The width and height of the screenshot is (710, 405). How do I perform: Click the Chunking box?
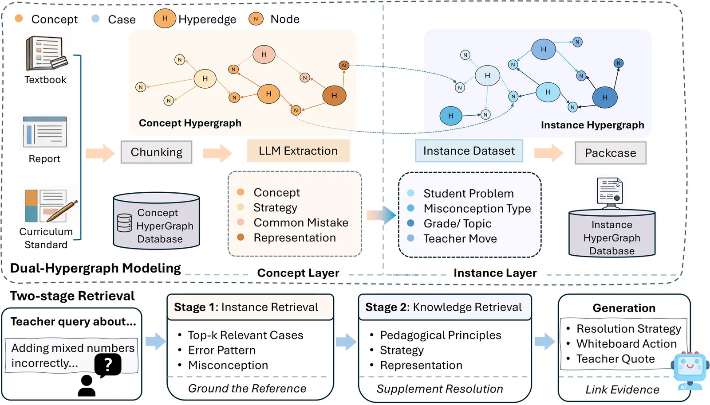pyautogui.click(x=156, y=152)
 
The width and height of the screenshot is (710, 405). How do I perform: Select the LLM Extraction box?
pyautogui.click(x=298, y=151)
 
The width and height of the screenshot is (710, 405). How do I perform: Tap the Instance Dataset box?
pyautogui.click(x=469, y=151)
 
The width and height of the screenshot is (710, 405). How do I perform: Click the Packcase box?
pyautogui.click(x=610, y=153)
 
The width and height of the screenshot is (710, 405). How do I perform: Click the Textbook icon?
pyautogui.click(x=46, y=53)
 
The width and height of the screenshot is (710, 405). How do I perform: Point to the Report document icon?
pyautogui.click(x=45, y=132)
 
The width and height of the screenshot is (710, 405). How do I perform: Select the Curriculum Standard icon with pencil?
pyautogui.click(x=50, y=206)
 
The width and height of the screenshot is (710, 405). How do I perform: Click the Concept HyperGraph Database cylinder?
pyautogui.click(x=157, y=221)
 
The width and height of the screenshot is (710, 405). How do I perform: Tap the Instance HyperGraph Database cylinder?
pyautogui.click(x=612, y=233)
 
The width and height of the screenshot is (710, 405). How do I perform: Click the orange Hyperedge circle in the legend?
pyautogui.click(x=165, y=19)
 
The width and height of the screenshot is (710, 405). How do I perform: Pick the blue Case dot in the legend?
pyautogui.click(x=95, y=19)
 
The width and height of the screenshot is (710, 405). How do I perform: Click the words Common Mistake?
pyautogui.click(x=301, y=222)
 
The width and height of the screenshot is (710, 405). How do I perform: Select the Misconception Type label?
pyautogui.click(x=477, y=208)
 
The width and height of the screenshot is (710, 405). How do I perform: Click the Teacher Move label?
pyautogui.click(x=460, y=238)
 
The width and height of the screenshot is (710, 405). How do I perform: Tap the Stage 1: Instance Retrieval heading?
pyautogui.click(x=246, y=307)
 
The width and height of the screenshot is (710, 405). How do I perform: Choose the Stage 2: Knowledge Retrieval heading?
pyautogui.click(x=443, y=307)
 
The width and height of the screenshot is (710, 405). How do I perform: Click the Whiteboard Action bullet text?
pyautogui.click(x=626, y=344)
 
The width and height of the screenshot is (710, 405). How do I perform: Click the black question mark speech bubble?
pyautogui.click(x=108, y=365)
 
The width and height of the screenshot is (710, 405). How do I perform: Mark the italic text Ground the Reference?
pyautogui.click(x=247, y=389)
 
